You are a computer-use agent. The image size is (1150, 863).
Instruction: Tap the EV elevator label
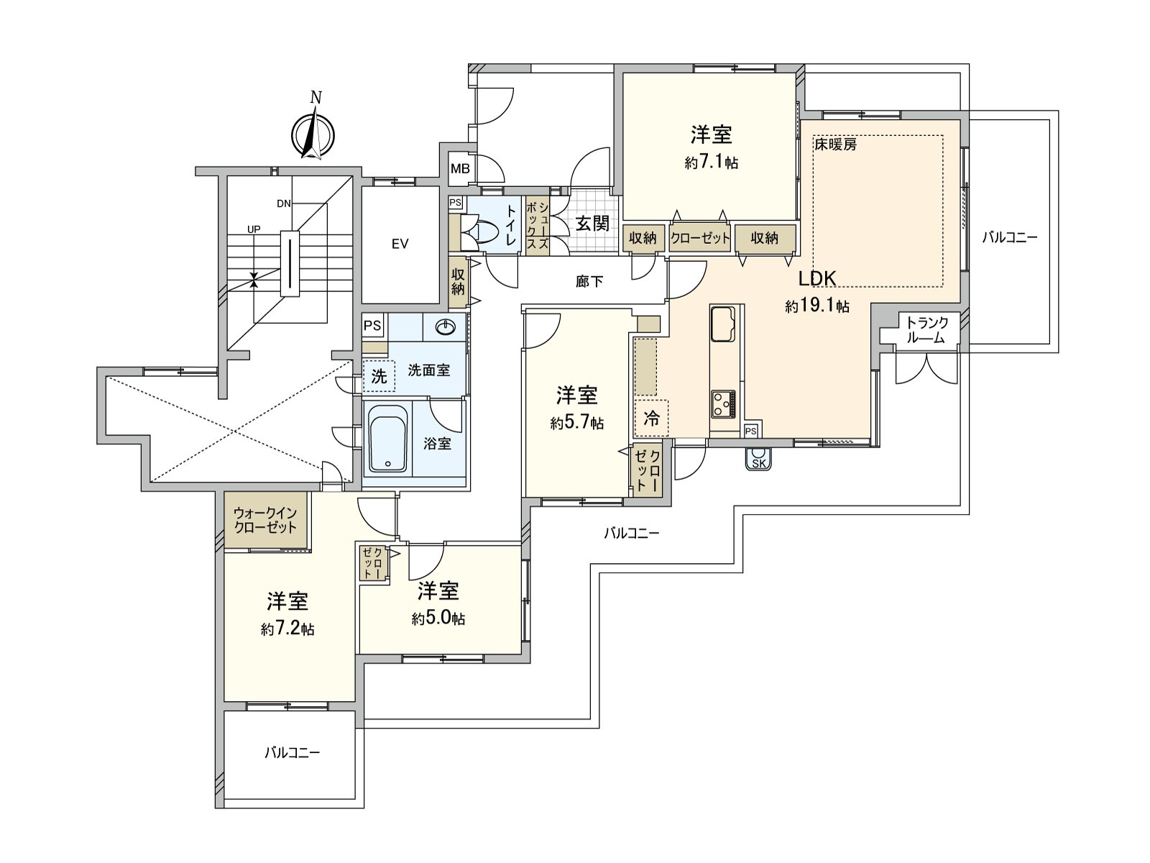pos(400,245)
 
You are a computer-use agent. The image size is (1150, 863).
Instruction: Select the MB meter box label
pos(460,169)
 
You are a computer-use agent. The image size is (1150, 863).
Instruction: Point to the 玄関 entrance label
pos(592,224)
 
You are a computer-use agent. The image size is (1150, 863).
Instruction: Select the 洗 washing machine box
pos(379,375)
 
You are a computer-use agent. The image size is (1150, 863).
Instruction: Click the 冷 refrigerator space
pos(650,418)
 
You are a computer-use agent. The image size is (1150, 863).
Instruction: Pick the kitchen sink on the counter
pos(722,324)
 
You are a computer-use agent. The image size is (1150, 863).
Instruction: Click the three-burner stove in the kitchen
pos(723,404)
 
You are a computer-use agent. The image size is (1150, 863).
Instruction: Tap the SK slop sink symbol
pos(758,459)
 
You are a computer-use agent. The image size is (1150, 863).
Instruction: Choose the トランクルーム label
pos(926,330)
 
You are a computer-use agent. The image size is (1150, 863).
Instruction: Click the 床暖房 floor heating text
pos(835,145)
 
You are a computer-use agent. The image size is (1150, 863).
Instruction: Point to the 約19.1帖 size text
pos(816,306)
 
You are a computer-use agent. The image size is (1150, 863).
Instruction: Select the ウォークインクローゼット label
pos(265,519)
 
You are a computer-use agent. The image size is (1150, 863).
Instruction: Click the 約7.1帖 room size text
pos(711,163)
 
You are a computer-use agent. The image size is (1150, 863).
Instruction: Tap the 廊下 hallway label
pos(589,282)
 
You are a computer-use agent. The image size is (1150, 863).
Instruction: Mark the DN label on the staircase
pos(284,204)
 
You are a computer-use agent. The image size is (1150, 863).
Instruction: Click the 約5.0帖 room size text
pos(438,618)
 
